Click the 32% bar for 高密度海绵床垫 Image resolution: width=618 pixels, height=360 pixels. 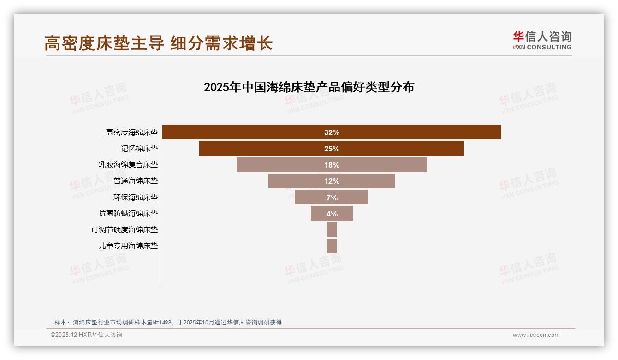click(x=415, y=132)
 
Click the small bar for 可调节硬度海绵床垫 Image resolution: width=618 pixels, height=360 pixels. click(x=332, y=229)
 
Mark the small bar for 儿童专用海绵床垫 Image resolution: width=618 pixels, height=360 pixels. click(x=332, y=246)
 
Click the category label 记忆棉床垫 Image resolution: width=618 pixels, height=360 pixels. click(x=139, y=149)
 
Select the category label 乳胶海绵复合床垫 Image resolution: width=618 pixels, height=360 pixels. click(x=128, y=165)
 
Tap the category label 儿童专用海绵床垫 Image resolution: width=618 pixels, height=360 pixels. click(x=128, y=246)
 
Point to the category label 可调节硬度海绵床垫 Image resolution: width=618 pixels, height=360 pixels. click(x=125, y=229)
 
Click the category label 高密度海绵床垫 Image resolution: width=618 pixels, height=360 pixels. click(x=132, y=132)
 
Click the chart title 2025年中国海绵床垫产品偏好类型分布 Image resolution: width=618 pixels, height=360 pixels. click(x=309, y=87)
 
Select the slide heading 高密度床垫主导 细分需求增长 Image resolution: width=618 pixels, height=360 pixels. click(x=159, y=43)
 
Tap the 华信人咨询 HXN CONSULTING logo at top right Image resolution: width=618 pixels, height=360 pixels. click(x=542, y=41)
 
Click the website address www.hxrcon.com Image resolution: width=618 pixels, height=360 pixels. click(x=536, y=335)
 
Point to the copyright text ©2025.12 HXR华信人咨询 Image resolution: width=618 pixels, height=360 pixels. click(x=87, y=335)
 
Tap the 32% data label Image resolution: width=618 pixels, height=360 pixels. click(x=332, y=132)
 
